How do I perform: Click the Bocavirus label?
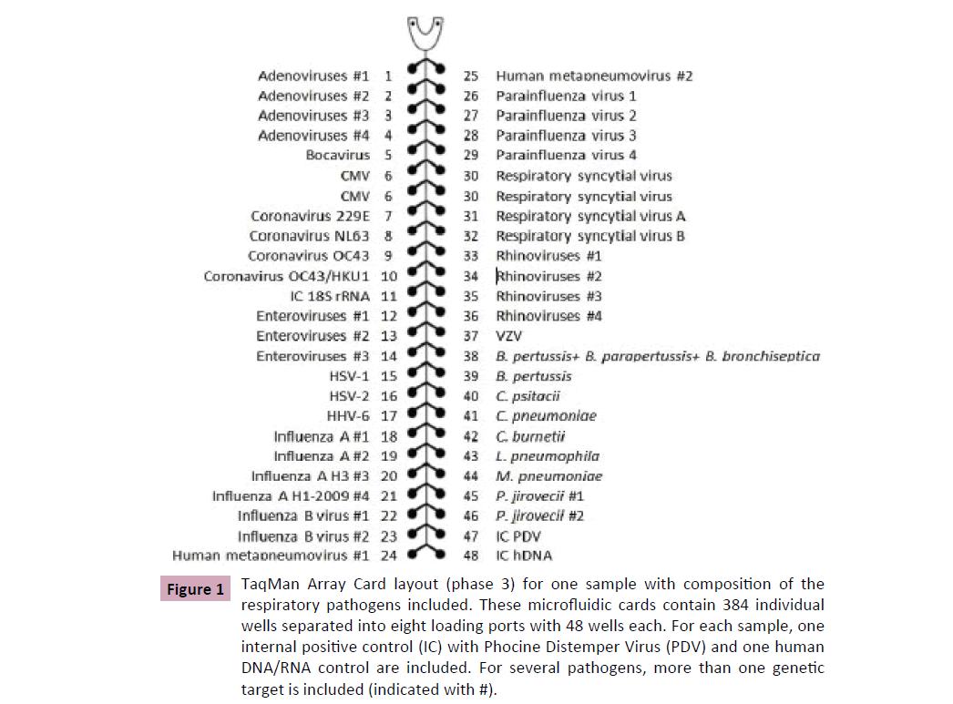(338, 156)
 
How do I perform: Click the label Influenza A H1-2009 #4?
(292, 496)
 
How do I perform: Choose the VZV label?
(508, 336)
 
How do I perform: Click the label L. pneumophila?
(548, 456)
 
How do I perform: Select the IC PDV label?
(519, 536)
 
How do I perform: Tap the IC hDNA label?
(524, 556)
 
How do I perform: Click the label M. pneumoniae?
(548, 476)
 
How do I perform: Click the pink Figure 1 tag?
(195, 589)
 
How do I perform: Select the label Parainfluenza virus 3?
(566, 136)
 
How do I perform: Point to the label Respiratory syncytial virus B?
(590, 236)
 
